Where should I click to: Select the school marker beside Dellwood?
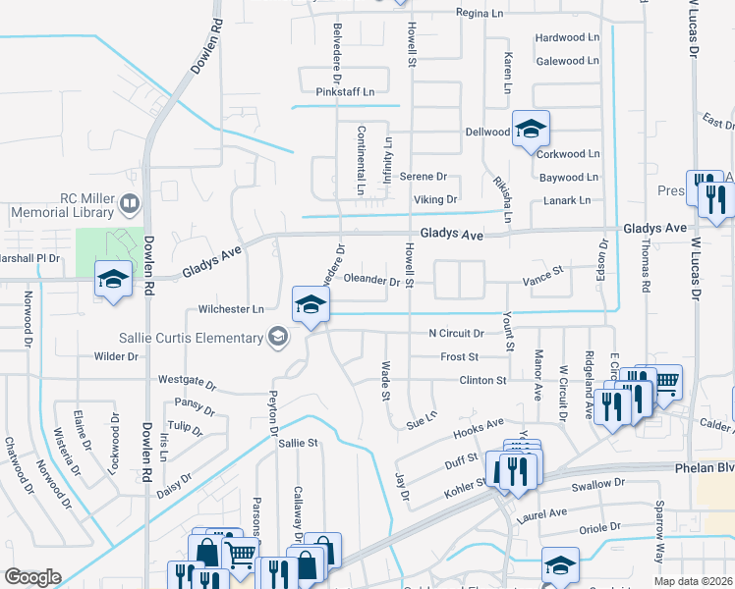click(x=530, y=130)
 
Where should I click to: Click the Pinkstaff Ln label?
click(x=345, y=92)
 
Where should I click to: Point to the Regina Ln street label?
click(x=485, y=13)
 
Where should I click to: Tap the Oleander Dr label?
click(x=371, y=281)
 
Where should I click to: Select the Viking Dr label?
click(x=437, y=199)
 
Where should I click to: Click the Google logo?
click(x=33, y=577)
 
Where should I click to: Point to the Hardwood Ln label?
click(x=567, y=37)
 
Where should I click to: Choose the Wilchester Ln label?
click(x=231, y=308)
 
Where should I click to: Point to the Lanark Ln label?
click(x=567, y=200)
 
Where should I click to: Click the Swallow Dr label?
click(x=598, y=483)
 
